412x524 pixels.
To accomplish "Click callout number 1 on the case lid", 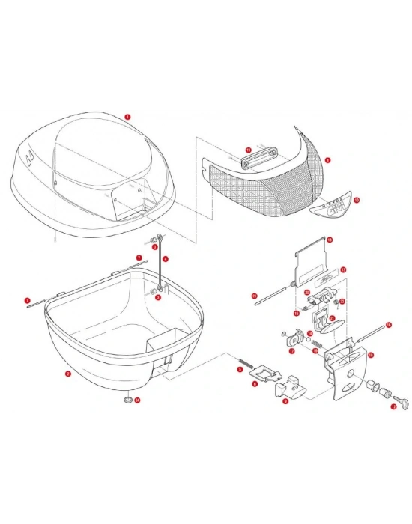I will pos(128,117).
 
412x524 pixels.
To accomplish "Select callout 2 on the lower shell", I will pos(68,374).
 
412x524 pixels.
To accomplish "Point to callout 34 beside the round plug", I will pos(137,400).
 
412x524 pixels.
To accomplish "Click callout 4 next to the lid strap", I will pos(166,258).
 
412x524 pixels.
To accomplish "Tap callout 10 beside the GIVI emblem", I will pos(357,200).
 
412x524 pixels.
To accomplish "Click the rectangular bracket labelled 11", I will pos(254,158).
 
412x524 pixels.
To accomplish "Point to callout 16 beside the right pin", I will pos(388,324).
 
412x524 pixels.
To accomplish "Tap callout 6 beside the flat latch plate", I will pos(254,383).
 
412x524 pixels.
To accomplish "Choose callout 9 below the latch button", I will pos(285,401).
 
